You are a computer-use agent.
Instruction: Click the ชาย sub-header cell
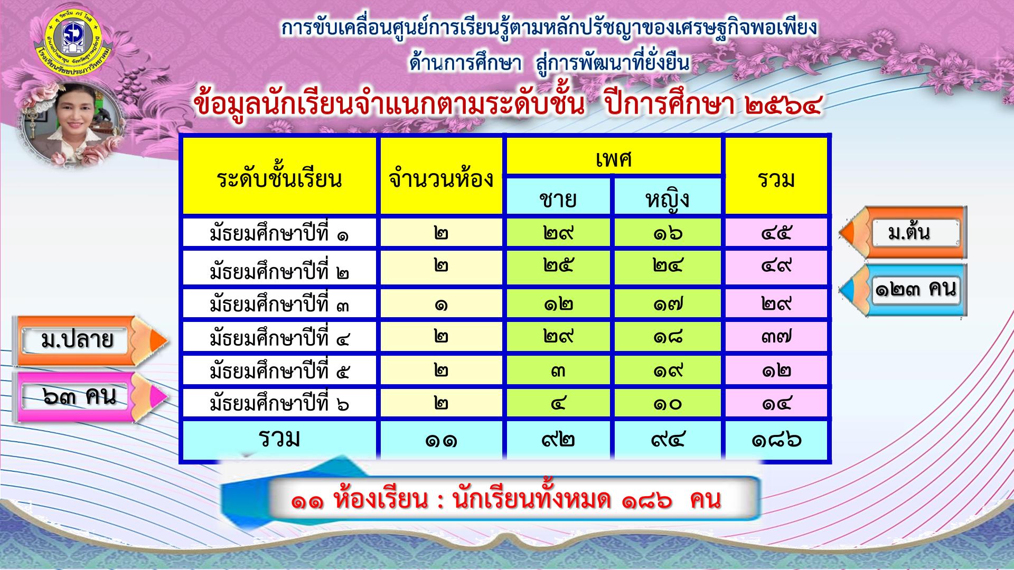(558, 196)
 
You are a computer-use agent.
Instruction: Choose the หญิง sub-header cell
(668, 196)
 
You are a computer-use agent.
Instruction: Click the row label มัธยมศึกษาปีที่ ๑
(279, 232)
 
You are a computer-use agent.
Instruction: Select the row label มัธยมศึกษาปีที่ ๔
(279, 336)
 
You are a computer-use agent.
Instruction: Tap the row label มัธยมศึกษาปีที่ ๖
(279, 403)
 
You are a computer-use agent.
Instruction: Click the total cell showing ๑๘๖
(776, 440)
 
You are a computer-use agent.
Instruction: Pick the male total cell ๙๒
(558, 440)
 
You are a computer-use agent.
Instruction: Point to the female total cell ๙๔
(668, 440)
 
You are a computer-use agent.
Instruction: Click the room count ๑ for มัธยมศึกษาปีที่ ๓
(442, 303)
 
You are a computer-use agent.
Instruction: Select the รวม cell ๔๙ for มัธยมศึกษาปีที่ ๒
(776, 267)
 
